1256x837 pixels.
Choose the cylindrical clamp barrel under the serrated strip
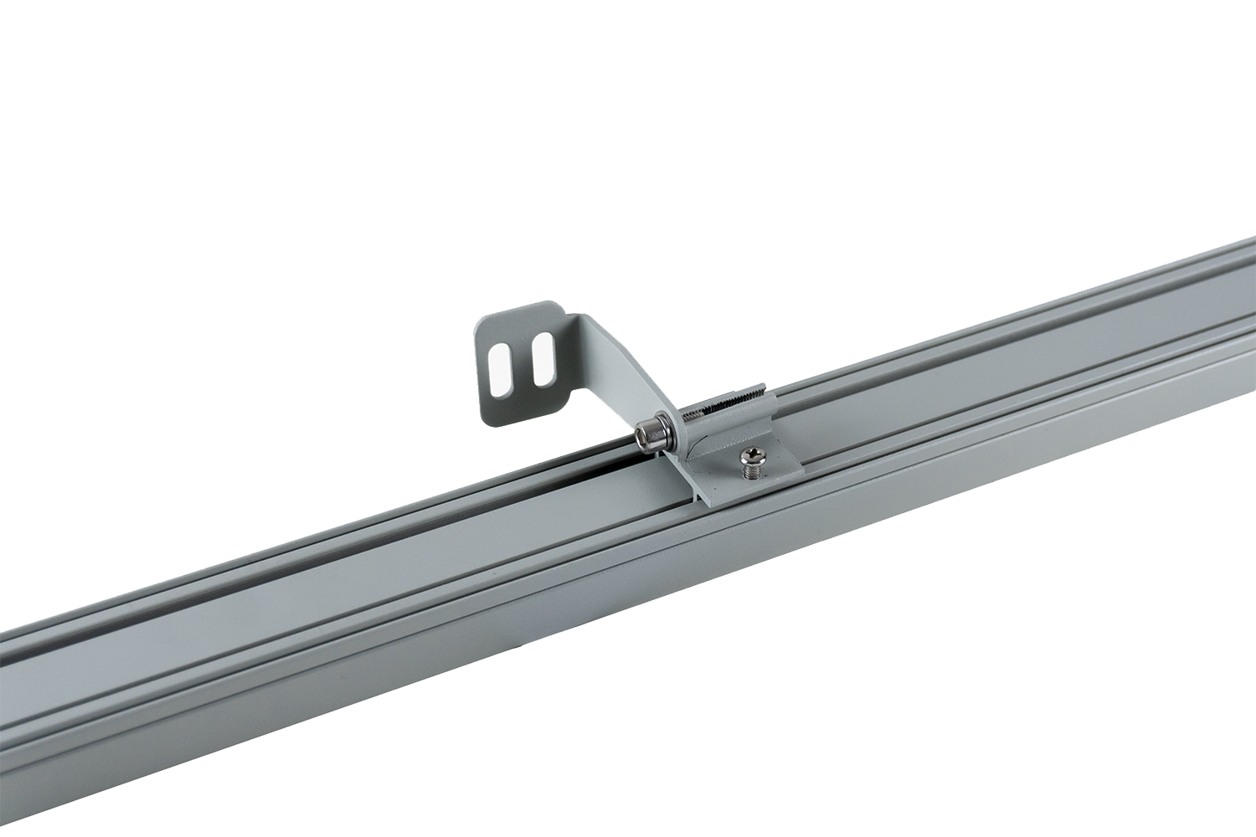(720, 418)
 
